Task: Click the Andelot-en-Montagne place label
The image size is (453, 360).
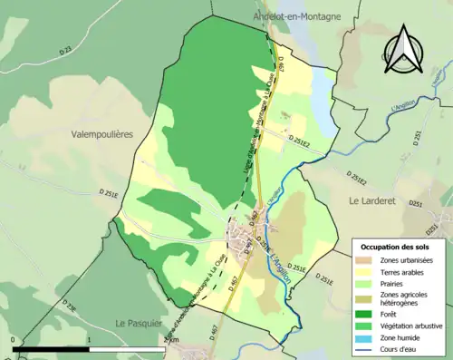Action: (295, 15)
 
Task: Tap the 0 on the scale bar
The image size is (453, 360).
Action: (14, 340)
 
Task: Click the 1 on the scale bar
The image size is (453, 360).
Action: (90, 340)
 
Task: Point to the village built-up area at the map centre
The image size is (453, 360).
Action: (241, 241)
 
